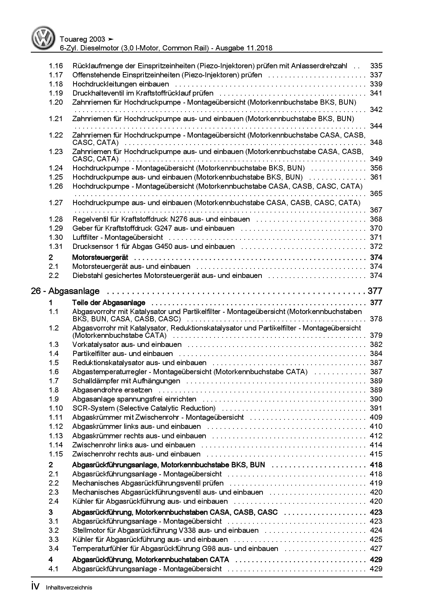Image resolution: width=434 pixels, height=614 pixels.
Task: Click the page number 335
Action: (376, 66)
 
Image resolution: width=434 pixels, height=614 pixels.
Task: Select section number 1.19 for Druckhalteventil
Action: (56, 93)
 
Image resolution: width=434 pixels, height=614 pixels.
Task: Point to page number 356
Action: (376, 168)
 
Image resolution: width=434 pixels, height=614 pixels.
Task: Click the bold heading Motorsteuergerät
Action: (100, 257)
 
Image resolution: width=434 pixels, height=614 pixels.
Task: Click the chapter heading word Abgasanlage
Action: (74, 291)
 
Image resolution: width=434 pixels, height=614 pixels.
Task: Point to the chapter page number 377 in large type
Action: (374, 291)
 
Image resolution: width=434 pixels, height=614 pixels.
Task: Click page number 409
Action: (376, 417)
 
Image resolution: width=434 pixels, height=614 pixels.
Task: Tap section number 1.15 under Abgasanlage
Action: (56, 454)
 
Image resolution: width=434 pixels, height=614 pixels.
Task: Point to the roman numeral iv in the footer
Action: (36, 587)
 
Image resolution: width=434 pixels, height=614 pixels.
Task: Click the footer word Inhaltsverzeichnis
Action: (69, 588)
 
